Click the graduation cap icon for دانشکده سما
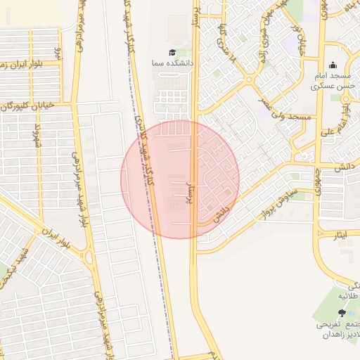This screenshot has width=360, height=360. click(x=172, y=53)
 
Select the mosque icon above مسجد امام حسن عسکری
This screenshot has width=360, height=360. click(x=332, y=65)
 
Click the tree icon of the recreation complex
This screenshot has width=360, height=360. click(x=342, y=313)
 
